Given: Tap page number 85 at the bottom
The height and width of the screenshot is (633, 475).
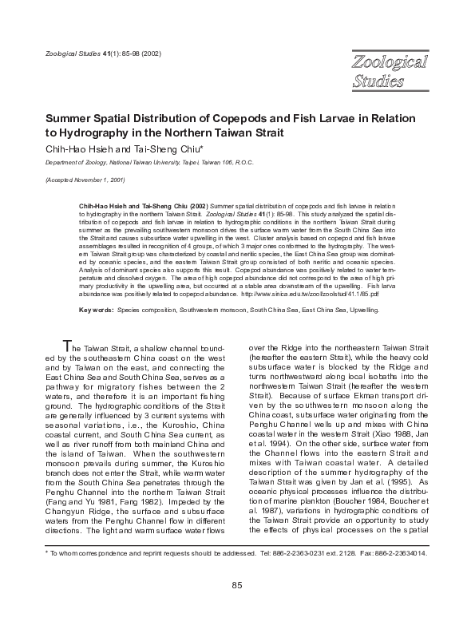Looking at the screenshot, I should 237,609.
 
